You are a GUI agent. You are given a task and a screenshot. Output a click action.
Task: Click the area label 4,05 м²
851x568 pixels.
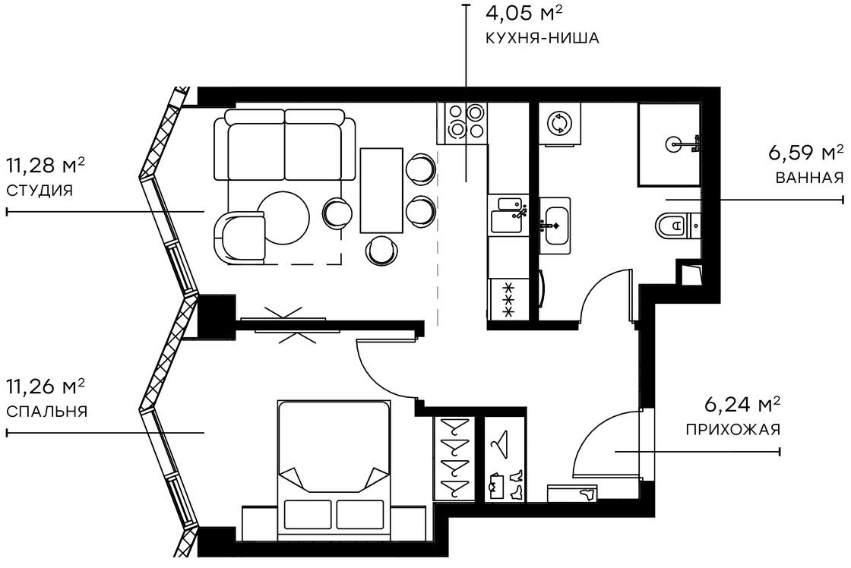tap(524, 13)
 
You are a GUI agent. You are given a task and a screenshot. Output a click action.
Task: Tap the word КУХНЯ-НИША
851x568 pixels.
tap(541, 37)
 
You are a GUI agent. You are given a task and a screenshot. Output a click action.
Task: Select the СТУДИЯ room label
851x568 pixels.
tap(40, 191)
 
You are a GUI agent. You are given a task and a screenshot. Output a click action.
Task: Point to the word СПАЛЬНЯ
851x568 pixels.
tap(46, 412)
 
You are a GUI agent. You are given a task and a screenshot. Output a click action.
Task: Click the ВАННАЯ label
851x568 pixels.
tap(809, 178)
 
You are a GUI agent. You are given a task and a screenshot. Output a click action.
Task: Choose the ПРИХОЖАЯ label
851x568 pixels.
tap(732, 430)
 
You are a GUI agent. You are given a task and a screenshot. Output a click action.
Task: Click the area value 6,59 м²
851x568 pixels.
tap(806, 154)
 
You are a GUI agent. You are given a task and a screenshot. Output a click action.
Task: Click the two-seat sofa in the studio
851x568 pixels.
tap(284, 144)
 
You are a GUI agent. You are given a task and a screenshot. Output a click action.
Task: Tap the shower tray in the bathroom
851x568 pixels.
tap(669, 144)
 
